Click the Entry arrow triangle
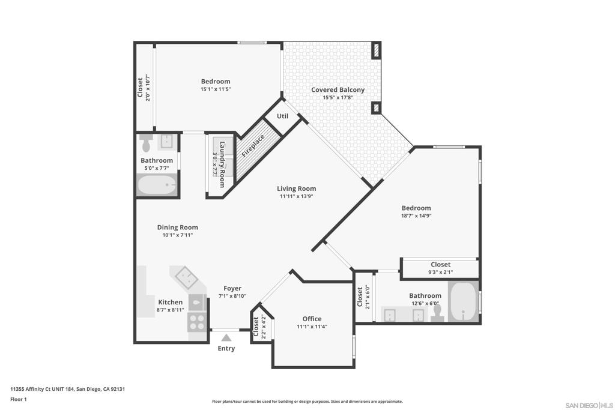tap(226, 337)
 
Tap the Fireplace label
tap(253, 146)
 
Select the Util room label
tap(282, 116)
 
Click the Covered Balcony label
tap(338, 90)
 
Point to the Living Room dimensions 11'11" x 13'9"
tap(296, 196)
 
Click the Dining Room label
tap(177, 228)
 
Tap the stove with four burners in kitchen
tap(196, 322)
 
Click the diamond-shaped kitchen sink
tap(186, 277)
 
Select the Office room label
tap(312, 319)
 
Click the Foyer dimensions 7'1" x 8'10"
tap(232, 296)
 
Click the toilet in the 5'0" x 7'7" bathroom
tap(147, 143)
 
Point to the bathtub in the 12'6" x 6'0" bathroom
tap(463, 302)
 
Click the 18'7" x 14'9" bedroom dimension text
tap(416, 216)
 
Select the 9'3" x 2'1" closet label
tap(440, 265)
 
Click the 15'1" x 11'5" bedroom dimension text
tap(216, 89)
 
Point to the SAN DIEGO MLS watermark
tap(589, 405)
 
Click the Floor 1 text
tap(19, 399)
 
